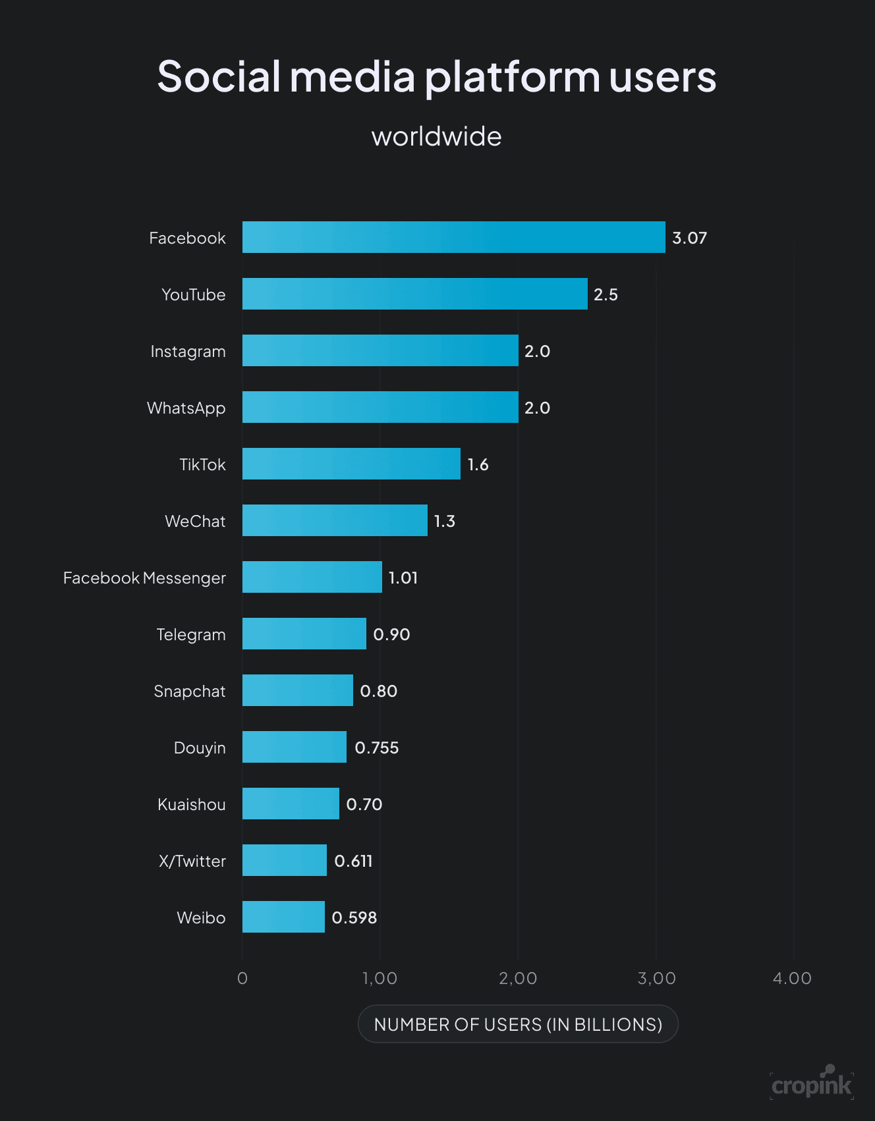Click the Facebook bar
point(453,237)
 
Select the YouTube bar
point(414,294)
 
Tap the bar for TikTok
point(351,464)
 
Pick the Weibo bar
point(283,917)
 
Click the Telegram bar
point(304,634)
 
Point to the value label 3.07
point(689,238)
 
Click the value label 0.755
point(376,748)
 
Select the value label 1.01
point(403,578)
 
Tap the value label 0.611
point(353,861)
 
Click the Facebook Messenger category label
point(144,578)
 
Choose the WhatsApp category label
point(186,408)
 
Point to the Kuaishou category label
point(191,804)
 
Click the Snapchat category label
point(189,691)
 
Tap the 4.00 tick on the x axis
point(792,978)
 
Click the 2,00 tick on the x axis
point(518,978)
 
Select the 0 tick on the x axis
point(242,978)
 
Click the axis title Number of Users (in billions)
point(518,1024)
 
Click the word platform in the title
point(512,78)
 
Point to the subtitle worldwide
point(436,136)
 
